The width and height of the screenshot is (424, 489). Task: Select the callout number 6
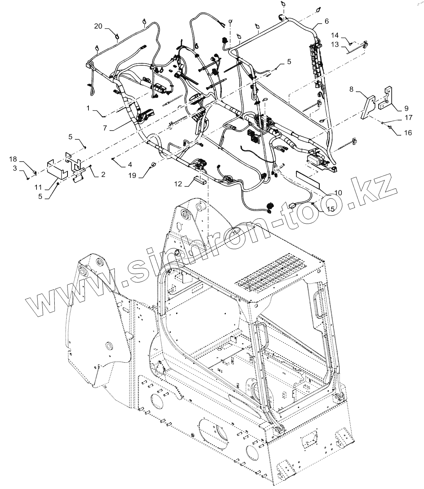(326, 21)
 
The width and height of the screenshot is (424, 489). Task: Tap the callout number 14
(335, 35)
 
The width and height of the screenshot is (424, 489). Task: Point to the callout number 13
(335, 45)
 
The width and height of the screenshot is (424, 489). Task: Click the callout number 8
(351, 89)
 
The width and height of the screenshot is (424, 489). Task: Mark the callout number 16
(408, 132)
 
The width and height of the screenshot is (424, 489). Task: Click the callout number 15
(331, 209)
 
